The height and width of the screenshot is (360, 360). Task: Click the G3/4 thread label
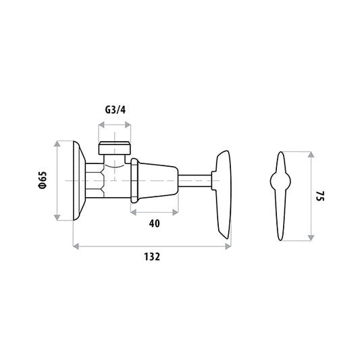(x=115, y=110)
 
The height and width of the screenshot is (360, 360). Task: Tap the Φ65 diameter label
(x=43, y=180)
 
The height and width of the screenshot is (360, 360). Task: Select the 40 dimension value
(x=154, y=224)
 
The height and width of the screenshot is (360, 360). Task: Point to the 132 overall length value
(x=152, y=257)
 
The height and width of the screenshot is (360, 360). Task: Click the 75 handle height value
(x=320, y=196)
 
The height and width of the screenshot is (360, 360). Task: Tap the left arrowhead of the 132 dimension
(x=76, y=247)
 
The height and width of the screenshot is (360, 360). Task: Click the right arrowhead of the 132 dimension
(x=228, y=247)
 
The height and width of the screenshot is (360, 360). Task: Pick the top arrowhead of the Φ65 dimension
(x=57, y=144)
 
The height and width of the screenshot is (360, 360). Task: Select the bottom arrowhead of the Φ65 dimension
(x=57, y=217)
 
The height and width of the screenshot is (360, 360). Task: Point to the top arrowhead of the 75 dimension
(x=311, y=155)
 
